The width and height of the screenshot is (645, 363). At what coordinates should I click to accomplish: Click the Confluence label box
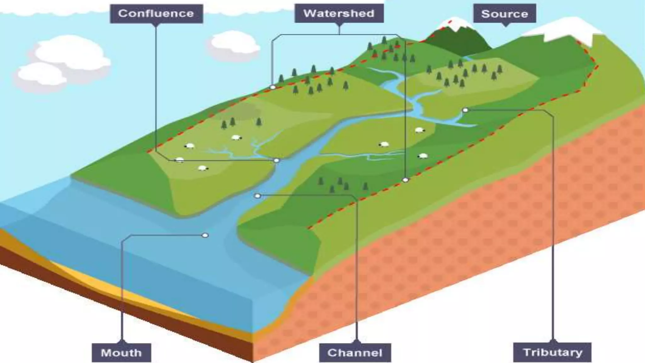click(x=156, y=14)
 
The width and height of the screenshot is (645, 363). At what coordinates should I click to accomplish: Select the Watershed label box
click(x=339, y=14)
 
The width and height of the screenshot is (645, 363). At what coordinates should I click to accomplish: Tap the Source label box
click(x=505, y=14)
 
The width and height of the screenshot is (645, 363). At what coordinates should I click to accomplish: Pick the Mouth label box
click(x=121, y=353)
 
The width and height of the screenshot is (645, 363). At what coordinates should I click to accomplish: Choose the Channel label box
click(x=355, y=353)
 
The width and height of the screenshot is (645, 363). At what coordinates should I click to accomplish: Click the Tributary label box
click(x=552, y=352)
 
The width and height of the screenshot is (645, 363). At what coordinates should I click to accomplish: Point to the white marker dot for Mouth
click(x=205, y=235)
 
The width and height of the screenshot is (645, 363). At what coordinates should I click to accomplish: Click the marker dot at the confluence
click(x=277, y=161)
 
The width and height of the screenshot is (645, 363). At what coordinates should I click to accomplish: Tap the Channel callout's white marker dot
click(x=258, y=196)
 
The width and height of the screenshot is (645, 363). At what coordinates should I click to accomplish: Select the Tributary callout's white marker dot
click(x=465, y=110)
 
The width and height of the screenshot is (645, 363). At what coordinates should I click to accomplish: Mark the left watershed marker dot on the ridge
click(x=273, y=87)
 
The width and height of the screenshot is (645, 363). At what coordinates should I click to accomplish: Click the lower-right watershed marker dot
click(x=406, y=180)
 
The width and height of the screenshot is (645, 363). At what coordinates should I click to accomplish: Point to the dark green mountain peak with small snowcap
click(x=458, y=38)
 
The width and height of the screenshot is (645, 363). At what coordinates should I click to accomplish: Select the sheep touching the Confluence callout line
click(x=180, y=160)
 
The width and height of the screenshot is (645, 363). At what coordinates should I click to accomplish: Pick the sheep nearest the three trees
click(x=237, y=137)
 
